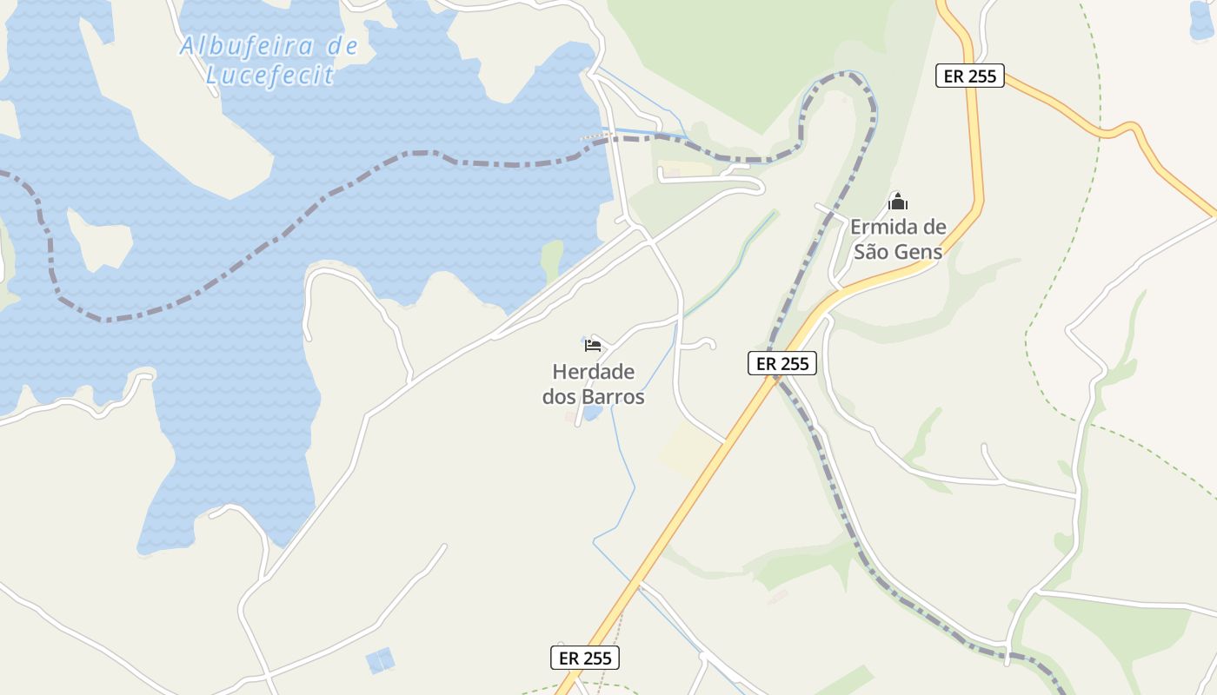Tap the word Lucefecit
[x=269, y=75]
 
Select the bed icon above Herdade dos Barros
[x=593, y=345]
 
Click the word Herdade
[x=594, y=372]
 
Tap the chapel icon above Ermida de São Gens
[x=898, y=202]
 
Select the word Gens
[x=919, y=252]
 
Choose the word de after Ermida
[x=934, y=228]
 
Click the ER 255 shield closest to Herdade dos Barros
[x=782, y=363]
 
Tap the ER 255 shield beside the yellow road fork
[x=970, y=76]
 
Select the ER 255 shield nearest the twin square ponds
[x=585, y=658]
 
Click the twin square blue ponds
[x=381, y=660]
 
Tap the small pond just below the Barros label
[x=592, y=414]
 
